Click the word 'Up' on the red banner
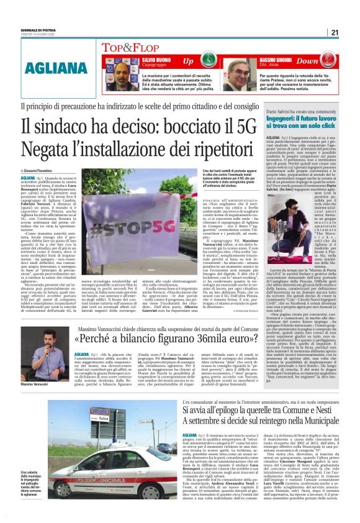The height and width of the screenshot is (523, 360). [x=188, y=61]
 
